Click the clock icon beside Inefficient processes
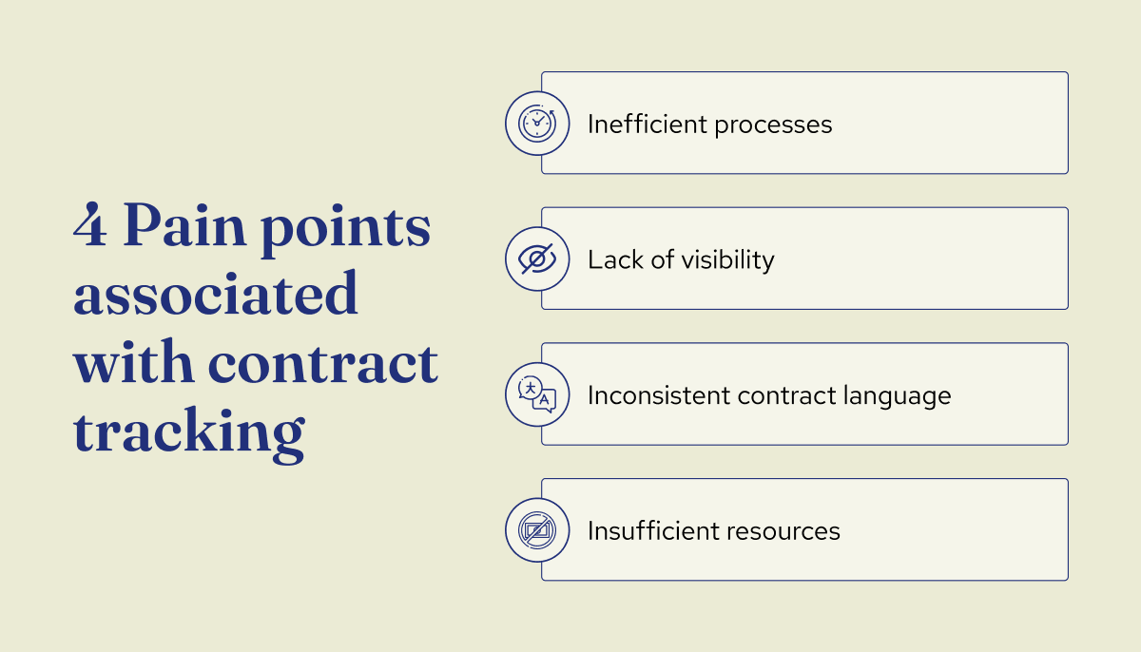537,124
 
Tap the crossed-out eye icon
537,259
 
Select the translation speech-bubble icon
537,394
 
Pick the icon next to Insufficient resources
537,529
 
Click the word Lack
609,259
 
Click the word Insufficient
647,530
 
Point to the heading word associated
216,295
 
